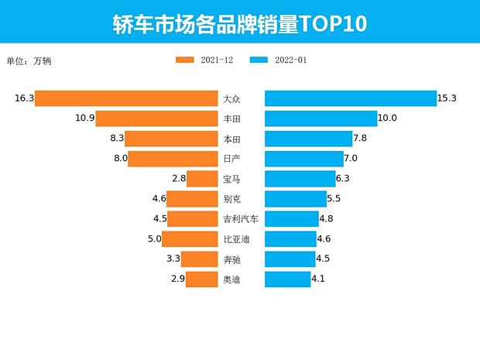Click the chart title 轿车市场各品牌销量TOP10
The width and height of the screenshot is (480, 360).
click(239, 23)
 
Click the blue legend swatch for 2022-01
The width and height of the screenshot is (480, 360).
click(259, 60)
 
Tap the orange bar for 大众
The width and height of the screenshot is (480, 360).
click(126, 98)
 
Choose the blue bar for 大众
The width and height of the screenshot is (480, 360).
click(351, 98)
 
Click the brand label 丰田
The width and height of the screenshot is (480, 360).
click(231, 118)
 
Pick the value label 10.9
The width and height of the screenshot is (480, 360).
click(84, 118)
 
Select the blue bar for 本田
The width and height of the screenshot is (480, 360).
click(308, 139)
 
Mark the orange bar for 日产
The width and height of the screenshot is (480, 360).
click(173, 159)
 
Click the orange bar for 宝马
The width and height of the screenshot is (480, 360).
click(202, 179)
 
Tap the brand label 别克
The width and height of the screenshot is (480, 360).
click(231, 199)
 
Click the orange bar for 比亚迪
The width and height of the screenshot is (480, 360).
click(190, 239)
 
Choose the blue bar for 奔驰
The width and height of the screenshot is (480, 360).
click(290, 259)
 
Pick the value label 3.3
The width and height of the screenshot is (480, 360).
click(175, 259)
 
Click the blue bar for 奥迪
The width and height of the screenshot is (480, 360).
click(288, 279)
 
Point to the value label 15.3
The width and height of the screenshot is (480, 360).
click(447, 98)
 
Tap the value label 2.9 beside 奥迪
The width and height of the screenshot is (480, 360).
click(177, 279)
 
